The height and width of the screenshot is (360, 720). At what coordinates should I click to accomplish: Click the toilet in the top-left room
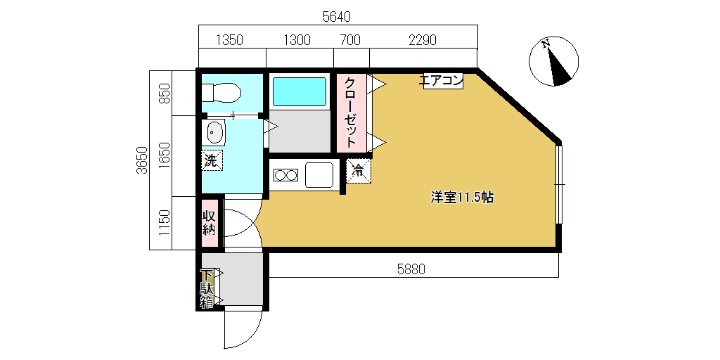point(221,94)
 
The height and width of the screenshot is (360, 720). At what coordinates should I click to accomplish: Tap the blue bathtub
point(300,92)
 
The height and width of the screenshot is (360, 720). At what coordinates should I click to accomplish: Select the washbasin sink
point(214,133)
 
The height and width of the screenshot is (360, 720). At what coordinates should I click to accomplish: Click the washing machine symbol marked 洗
point(212,160)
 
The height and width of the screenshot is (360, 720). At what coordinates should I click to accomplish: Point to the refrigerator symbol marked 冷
point(358,171)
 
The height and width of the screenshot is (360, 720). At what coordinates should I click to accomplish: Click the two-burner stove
point(286,175)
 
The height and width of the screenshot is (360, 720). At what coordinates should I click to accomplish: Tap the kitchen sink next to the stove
point(319,175)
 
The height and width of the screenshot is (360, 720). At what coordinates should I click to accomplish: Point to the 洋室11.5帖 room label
point(461,198)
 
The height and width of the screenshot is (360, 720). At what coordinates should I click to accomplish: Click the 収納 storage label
point(209,222)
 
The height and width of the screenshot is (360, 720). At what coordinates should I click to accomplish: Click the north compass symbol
point(554,61)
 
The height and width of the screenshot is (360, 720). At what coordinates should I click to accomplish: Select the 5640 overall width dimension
point(337,18)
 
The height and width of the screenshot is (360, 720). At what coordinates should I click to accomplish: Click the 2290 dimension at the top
point(423,40)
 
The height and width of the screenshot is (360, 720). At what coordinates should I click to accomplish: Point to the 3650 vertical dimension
point(142,160)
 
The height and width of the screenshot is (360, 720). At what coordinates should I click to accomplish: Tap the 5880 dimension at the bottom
point(411,269)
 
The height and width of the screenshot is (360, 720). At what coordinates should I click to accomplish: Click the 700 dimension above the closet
point(350,40)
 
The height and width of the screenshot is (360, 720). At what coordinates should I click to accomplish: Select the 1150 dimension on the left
point(165,223)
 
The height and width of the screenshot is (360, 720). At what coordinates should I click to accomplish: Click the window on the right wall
point(559,184)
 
